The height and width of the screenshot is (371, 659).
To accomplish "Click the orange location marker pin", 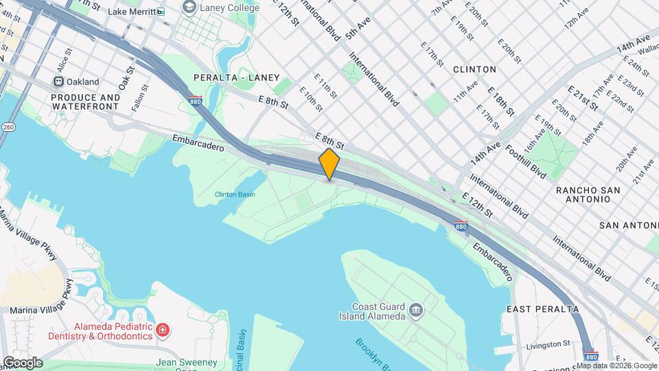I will point(329,164).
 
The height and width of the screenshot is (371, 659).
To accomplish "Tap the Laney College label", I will point(229,8).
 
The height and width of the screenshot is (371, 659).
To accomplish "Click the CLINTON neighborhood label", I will point(474,69).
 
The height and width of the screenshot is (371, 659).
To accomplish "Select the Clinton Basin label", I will point(235,194).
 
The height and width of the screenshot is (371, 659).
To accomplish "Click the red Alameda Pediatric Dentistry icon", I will point(163,330).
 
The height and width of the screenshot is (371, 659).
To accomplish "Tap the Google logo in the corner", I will point(22,363).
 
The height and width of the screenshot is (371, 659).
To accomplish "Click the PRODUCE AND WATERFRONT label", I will point(86,102).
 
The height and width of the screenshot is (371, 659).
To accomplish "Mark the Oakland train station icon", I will point(60,82).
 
